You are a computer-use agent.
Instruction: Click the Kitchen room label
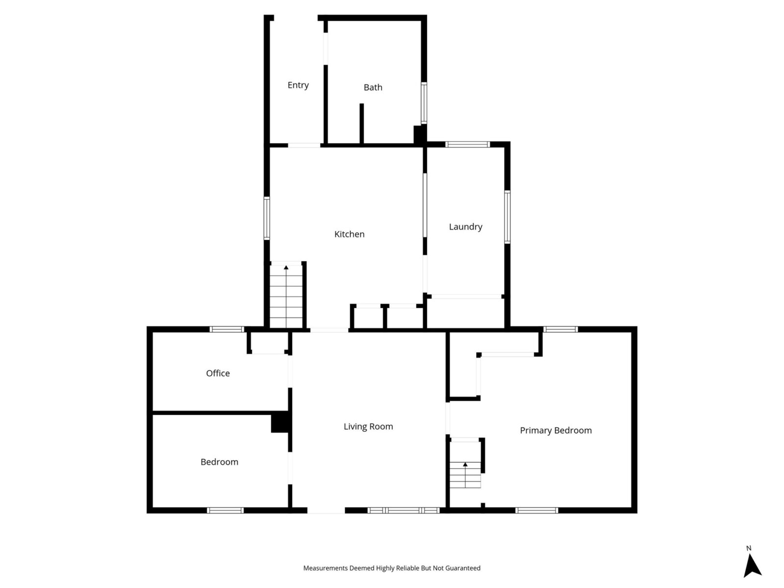349,234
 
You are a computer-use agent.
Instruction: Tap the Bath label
373,88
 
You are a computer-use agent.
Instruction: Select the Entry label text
298,85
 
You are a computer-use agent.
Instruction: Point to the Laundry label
465,227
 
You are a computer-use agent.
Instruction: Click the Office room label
218,373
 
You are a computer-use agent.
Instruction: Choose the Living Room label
368,426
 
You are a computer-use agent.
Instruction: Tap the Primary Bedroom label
556,430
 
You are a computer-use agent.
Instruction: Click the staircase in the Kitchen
286,296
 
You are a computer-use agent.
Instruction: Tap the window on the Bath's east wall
424,103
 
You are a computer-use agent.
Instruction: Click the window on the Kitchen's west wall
267,218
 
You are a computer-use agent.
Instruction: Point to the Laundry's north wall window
467,144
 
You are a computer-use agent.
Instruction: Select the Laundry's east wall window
507,217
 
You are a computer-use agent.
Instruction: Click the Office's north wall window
227,329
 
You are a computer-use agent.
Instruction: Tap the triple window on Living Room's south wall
404,510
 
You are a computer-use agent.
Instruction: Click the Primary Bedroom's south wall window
537,510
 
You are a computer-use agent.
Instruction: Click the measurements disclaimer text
392,568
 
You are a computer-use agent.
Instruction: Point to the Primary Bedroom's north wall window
561,329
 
